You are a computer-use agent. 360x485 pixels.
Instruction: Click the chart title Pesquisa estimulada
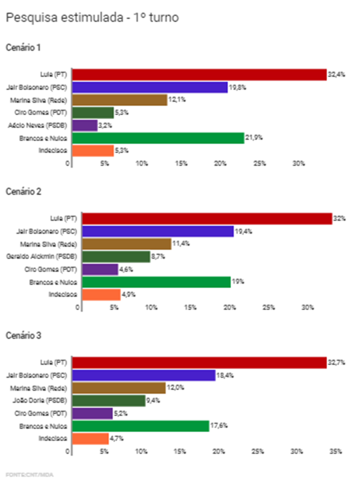pyautogui.click(x=92, y=18)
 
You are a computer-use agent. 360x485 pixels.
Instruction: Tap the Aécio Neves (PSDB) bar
pyautogui.click(x=84, y=125)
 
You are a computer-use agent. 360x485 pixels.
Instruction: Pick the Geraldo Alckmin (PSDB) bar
pyautogui.click(x=116, y=256)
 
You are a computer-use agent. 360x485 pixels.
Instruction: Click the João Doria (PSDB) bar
pyautogui.click(x=108, y=400)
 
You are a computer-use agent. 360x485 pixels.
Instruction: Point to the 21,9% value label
pyautogui.click(x=253, y=137)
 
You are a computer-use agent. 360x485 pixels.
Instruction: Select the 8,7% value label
pyautogui.click(x=158, y=256)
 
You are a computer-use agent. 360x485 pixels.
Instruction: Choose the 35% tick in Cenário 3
pyautogui.click(x=335, y=451)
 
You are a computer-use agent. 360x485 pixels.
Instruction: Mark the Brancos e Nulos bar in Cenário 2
pyautogui.click(x=156, y=282)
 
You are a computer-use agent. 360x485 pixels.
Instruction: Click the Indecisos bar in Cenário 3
pyautogui.click(x=90, y=438)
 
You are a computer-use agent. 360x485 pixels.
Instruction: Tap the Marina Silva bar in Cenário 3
pyautogui.click(x=118, y=388)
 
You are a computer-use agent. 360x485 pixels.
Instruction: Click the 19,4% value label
pyautogui.click(x=242, y=231)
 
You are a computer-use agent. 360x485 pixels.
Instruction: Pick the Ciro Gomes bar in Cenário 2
pyautogui.click(x=100, y=269)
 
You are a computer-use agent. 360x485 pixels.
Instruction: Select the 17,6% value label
pyautogui.click(x=218, y=426)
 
